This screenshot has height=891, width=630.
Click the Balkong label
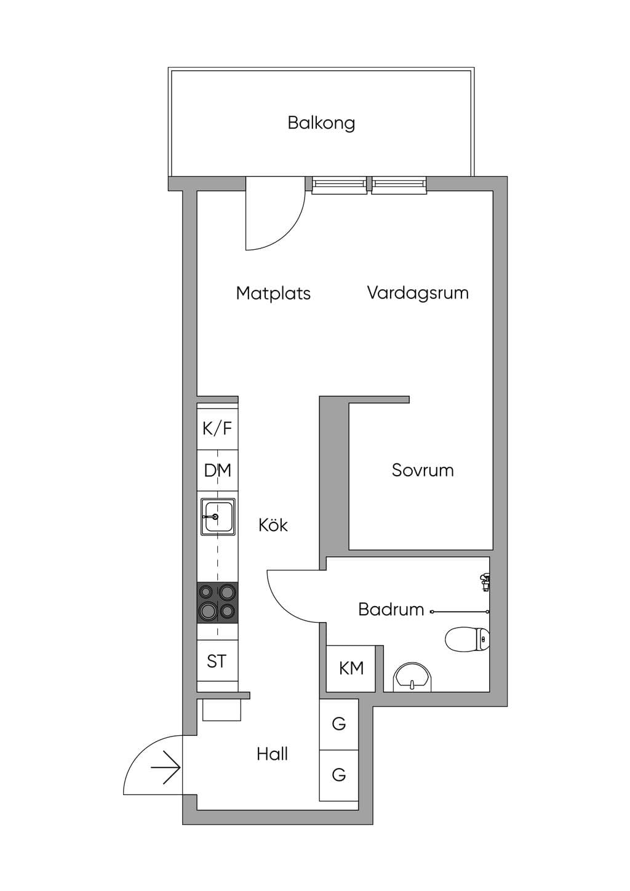[x=321, y=123]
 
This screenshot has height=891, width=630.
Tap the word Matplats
[x=273, y=293]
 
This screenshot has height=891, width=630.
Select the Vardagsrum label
[x=418, y=293]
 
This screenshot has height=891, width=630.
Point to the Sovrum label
[x=423, y=470]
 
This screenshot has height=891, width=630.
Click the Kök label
[x=273, y=525]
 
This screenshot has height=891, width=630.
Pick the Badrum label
[x=391, y=609]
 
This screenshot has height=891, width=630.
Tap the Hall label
[x=273, y=754]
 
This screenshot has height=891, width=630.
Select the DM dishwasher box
[x=218, y=471]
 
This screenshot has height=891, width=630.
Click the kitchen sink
[x=218, y=517]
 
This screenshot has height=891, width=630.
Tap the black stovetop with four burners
[x=218, y=602]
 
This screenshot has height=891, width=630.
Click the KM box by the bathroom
[x=351, y=669]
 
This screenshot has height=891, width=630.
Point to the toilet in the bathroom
[x=468, y=639]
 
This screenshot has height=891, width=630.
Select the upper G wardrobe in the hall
[x=339, y=724]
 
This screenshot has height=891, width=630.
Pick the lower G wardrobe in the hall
[x=339, y=775]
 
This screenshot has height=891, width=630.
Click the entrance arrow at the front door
[x=166, y=768]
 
